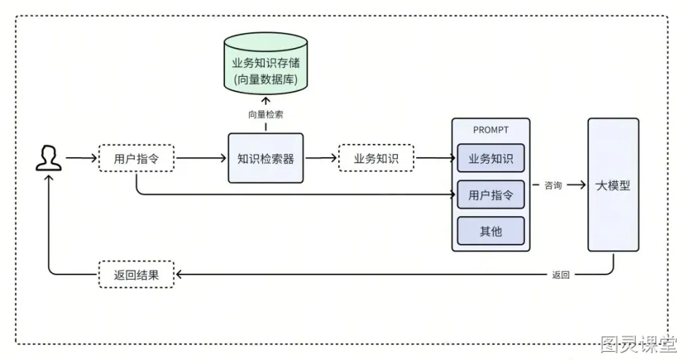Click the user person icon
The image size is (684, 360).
48,158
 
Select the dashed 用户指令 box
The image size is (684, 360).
137,158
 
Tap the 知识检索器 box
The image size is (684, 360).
266,158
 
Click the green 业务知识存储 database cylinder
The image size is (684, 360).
266,63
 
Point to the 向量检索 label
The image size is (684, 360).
266,115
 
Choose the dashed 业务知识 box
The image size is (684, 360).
376,158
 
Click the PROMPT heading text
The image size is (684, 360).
491,130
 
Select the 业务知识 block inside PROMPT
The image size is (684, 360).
491,158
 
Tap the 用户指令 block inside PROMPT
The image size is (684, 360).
491,195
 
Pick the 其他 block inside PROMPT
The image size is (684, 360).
491,231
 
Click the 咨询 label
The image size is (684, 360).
553,185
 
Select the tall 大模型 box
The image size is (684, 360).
613,185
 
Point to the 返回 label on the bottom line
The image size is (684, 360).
561,275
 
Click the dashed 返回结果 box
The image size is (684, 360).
137,275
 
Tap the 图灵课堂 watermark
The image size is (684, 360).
639,344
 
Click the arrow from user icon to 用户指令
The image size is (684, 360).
82,158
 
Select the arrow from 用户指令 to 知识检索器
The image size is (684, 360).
201,158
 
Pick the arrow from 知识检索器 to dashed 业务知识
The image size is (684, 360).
321,158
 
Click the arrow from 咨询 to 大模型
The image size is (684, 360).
576,185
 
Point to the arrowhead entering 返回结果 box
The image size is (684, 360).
178,275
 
